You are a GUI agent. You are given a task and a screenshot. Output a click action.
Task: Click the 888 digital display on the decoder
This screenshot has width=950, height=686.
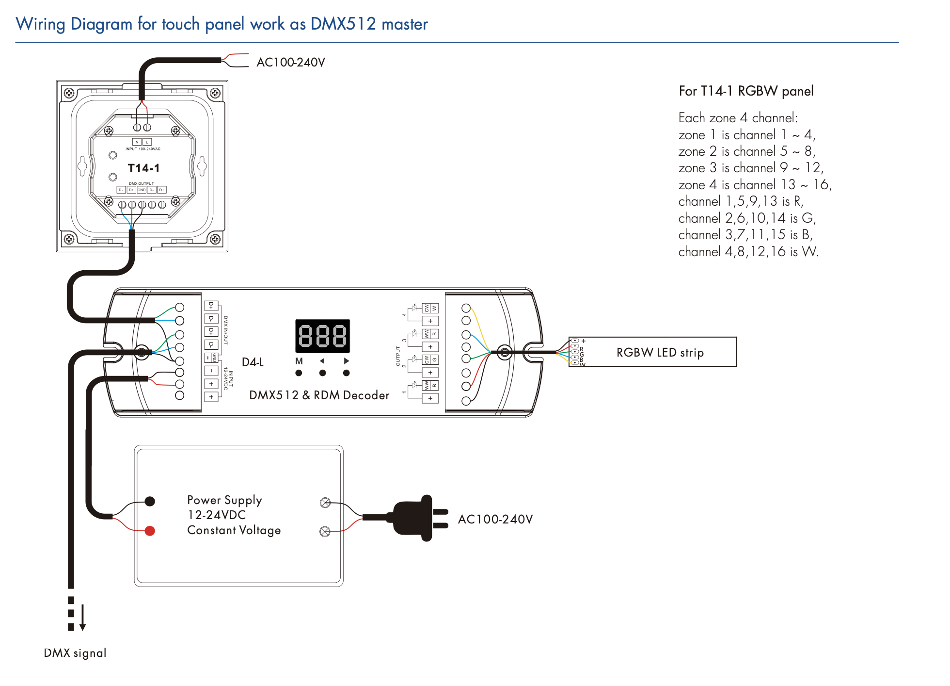pos(322,336)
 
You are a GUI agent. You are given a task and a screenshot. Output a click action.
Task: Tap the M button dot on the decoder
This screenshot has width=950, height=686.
pos(299,373)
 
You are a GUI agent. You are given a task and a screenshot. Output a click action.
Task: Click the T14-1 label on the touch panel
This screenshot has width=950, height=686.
pos(143,168)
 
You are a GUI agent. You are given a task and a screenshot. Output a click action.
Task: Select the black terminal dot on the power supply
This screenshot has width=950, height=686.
pos(150,501)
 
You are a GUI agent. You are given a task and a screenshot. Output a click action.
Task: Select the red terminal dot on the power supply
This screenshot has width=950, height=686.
pos(150,531)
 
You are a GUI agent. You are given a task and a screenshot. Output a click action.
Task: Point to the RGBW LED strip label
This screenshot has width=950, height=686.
pos(660,352)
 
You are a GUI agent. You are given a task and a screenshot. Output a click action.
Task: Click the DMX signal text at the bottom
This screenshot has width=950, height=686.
pos(75,653)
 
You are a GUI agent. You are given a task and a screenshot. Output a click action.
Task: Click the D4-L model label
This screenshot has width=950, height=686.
pos(253,362)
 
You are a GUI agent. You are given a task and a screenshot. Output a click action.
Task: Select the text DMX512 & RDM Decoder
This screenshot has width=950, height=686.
pos(319,395)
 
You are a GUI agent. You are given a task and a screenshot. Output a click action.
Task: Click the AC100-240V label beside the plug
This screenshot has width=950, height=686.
pos(495,520)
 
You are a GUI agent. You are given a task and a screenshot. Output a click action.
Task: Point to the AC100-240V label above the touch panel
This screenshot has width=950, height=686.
pos(290,63)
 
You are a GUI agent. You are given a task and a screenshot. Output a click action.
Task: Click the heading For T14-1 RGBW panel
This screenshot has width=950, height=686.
pos(746,91)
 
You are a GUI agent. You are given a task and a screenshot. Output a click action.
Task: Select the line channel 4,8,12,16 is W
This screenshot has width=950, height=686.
pos(748,252)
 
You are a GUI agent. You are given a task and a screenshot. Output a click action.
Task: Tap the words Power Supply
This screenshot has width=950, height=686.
pos(224,500)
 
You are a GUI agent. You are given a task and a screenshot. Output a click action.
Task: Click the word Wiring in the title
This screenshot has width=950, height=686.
pos(40,24)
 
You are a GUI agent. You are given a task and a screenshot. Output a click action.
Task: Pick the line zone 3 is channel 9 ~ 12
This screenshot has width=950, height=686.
pos(750,168)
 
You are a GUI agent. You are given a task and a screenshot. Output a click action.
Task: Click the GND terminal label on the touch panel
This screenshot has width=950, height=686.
pos(142,190)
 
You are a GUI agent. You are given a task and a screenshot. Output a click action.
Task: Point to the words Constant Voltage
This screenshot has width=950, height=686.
pos(234,530)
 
